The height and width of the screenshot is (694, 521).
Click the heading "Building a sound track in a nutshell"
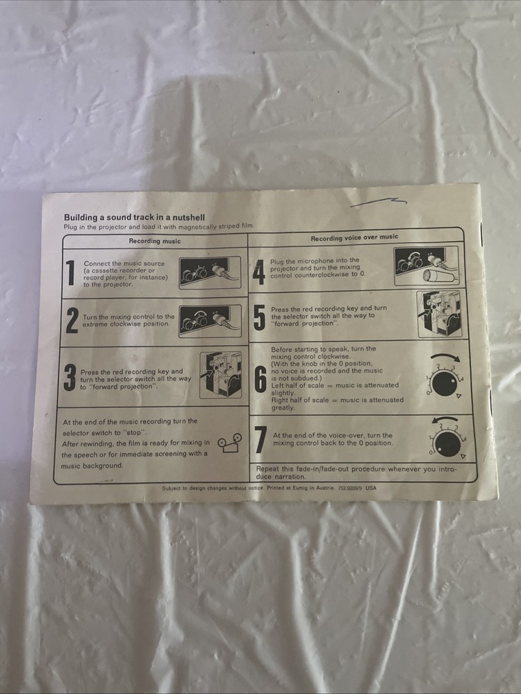click(134, 217)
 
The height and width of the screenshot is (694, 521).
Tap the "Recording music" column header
click(154, 241)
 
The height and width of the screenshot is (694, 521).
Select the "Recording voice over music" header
click(354, 237)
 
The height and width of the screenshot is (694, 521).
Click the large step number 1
click(70, 273)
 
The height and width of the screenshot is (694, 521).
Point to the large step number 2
click(72, 321)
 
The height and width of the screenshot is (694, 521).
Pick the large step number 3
click(69, 377)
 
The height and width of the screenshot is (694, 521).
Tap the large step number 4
click(258, 270)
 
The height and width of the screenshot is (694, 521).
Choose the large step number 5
click(259, 317)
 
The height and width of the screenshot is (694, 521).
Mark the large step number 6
click(260, 379)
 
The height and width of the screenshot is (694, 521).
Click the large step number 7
click(261, 440)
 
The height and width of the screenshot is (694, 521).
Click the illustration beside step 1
click(209, 272)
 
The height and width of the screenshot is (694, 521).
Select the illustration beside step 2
click(209, 320)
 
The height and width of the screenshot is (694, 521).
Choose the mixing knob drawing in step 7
click(447, 441)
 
